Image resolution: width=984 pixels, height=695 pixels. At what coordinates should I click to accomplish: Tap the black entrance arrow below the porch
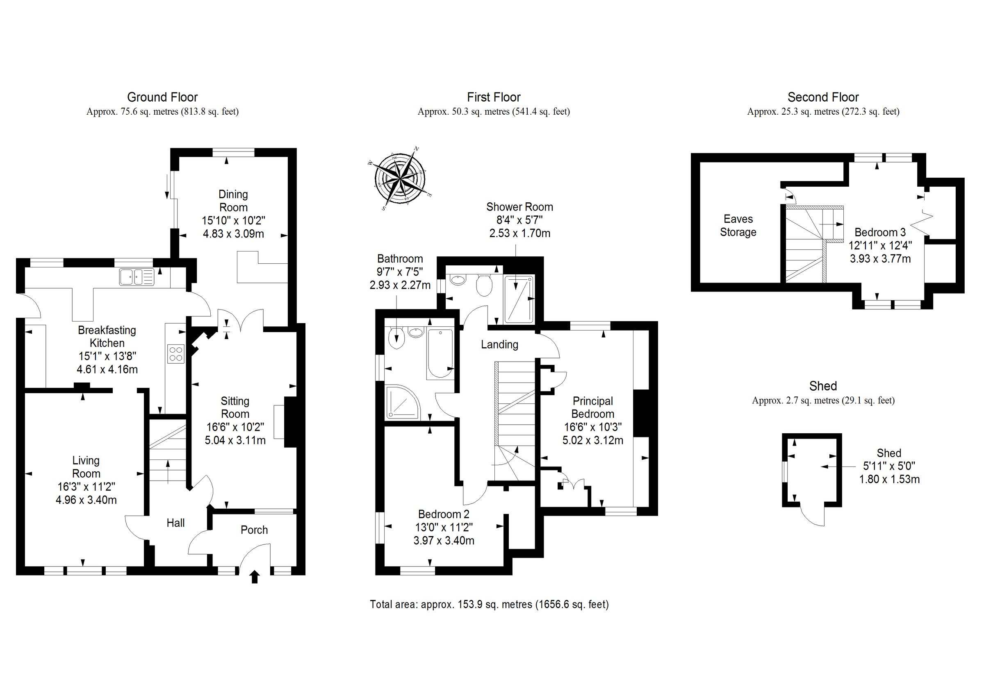(x=255, y=577)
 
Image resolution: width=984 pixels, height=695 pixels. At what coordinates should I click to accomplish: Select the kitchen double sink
(x=137, y=276)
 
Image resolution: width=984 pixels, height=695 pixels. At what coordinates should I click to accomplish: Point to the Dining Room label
(x=233, y=201)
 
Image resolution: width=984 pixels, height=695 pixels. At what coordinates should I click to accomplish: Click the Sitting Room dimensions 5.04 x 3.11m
(x=235, y=440)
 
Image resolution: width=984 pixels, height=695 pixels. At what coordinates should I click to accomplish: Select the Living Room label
(x=86, y=467)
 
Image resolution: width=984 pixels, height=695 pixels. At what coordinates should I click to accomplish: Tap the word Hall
(x=176, y=523)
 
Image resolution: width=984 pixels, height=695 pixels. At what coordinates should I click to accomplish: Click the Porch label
(x=254, y=530)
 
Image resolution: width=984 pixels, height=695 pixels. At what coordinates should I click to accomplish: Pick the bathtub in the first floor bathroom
(x=440, y=354)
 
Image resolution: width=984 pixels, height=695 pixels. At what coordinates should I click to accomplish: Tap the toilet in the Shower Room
(x=484, y=285)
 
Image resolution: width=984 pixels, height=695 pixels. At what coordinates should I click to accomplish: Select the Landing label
(x=499, y=344)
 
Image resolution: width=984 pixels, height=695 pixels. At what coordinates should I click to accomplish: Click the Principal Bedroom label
(x=593, y=407)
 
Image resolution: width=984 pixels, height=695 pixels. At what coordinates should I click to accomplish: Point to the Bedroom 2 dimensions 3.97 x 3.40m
(x=444, y=541)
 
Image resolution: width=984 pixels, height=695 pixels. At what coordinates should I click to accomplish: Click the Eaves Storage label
(x=738, y=225)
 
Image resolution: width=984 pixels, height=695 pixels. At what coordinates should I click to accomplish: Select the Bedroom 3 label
(x=880, y=232)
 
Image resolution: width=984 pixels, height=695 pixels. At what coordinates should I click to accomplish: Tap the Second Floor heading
(x=823, y=97)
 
